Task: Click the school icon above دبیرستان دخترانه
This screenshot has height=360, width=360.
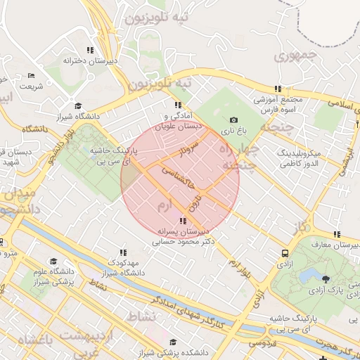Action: pos(89,50)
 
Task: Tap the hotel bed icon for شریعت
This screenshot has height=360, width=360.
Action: pos(30,75)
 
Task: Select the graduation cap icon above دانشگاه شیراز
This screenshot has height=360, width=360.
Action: pos(77,105)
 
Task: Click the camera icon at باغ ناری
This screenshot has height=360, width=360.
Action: pos(233,120)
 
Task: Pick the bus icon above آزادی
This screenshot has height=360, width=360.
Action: pos(285,253)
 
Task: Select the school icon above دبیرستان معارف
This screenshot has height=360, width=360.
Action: pos(337,234)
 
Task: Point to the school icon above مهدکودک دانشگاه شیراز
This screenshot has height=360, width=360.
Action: pos(123,252)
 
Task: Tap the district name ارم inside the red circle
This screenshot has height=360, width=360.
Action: pos(163,205)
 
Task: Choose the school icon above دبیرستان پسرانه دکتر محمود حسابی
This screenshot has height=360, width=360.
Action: pos(184,221)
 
